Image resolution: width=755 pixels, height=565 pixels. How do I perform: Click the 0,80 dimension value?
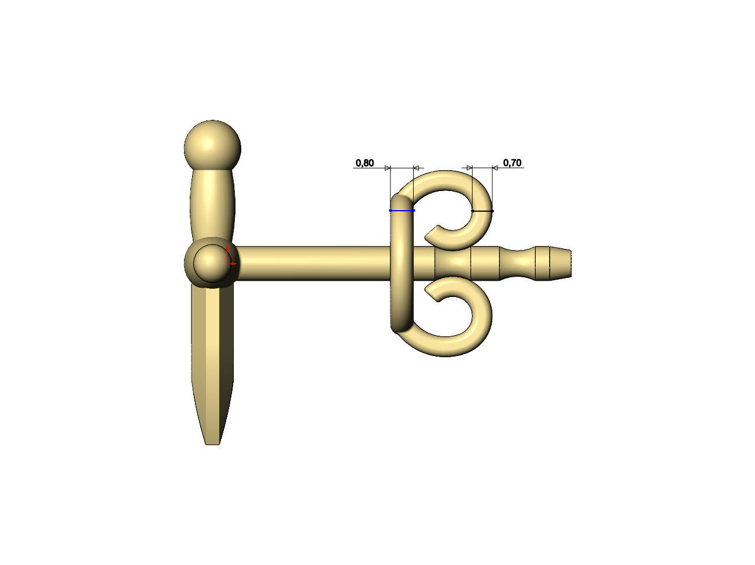click(x=364, y=163)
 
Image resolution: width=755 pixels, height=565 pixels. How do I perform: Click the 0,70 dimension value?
click(x=512, y=163)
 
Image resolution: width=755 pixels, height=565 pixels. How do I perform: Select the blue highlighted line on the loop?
click(x=402, y=210)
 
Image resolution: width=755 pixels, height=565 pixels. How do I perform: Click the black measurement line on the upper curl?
click(x=483, y=211)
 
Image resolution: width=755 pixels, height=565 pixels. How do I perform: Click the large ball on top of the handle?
click(x=212, y=145)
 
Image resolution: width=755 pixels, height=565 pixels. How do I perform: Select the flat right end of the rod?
click(x=570, y=264)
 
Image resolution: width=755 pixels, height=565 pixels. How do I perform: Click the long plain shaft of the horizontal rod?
click(x=312, y=263)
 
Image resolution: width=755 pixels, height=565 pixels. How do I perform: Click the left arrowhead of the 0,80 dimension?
click(x=388, y=168)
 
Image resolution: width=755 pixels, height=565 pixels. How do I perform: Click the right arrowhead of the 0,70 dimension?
click(x=495, y=168)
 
